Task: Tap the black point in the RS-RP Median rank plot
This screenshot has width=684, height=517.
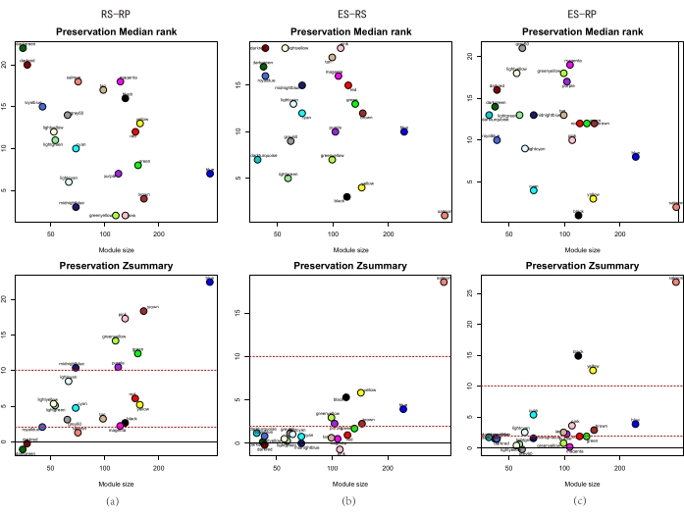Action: click(x=126, y=98)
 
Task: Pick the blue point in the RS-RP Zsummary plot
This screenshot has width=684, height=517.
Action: click(x=210, y=282)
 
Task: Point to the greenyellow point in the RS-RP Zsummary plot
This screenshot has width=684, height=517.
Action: click(x=115, y=340)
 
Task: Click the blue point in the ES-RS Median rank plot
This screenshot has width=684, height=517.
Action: click(x=404, y=130)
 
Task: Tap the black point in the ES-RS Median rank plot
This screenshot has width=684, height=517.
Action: click(x=346, y=197)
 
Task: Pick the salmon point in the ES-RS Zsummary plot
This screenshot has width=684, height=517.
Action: click(x=444, y=282)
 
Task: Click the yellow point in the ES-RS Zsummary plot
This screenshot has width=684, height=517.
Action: click(x=361, y=392)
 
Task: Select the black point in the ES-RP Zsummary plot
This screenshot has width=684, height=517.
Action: click(x=579, y=355)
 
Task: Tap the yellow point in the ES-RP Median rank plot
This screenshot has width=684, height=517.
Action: click(x=593, y=198)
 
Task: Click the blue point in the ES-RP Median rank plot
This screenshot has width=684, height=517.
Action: click(x=636, y=157)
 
